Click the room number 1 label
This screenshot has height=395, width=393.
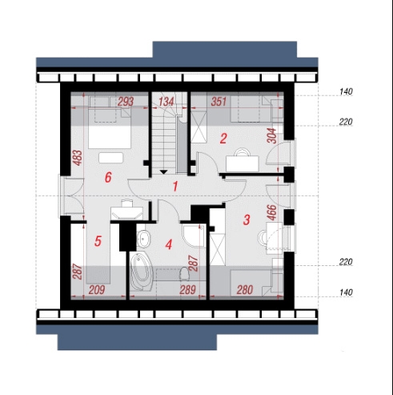[x=175, y=186]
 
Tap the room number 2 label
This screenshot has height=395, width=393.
[x=223, y=139]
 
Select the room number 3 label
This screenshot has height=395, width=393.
[x=247, y=220]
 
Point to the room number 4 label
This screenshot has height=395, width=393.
[x=169, y=244]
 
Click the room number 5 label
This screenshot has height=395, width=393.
[x=98, y=241]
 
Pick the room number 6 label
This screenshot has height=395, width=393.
[x=108, y=177]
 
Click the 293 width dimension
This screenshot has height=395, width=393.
[x=126, y=102]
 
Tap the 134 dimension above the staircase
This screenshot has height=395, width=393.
[x=166, y=102]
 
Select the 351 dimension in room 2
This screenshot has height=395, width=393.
[x=219, y=102]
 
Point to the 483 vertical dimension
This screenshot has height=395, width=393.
[x=78, y=158]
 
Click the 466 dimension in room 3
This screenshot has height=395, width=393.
[x=271, y=212]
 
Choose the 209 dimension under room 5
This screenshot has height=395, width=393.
[x=97, y=290]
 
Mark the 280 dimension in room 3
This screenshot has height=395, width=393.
[x=245, y=290]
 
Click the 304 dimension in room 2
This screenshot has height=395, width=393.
[x=271, y=135]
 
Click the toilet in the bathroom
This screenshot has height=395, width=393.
[x=184, y=274]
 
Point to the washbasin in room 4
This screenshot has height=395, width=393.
[x=144, y=238]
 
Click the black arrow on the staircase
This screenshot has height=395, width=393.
[x=163, y=172]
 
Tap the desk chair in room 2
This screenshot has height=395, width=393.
[x=243, y=152]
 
